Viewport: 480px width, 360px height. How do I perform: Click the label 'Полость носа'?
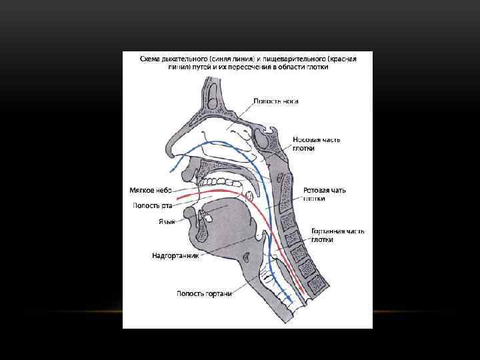(275, 101)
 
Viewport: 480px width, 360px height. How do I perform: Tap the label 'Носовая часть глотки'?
(317, 144)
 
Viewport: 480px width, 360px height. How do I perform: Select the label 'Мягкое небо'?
(150, 190)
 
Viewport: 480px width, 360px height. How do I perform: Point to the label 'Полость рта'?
(152, 205)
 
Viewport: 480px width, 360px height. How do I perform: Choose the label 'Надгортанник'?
(175, 255)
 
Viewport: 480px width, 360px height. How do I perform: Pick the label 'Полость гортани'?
(204, 293)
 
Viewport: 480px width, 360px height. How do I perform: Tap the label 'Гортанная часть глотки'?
(337, 235)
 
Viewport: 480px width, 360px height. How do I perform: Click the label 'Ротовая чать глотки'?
(324, 194)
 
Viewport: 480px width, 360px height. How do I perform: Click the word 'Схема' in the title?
(151, 59)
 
